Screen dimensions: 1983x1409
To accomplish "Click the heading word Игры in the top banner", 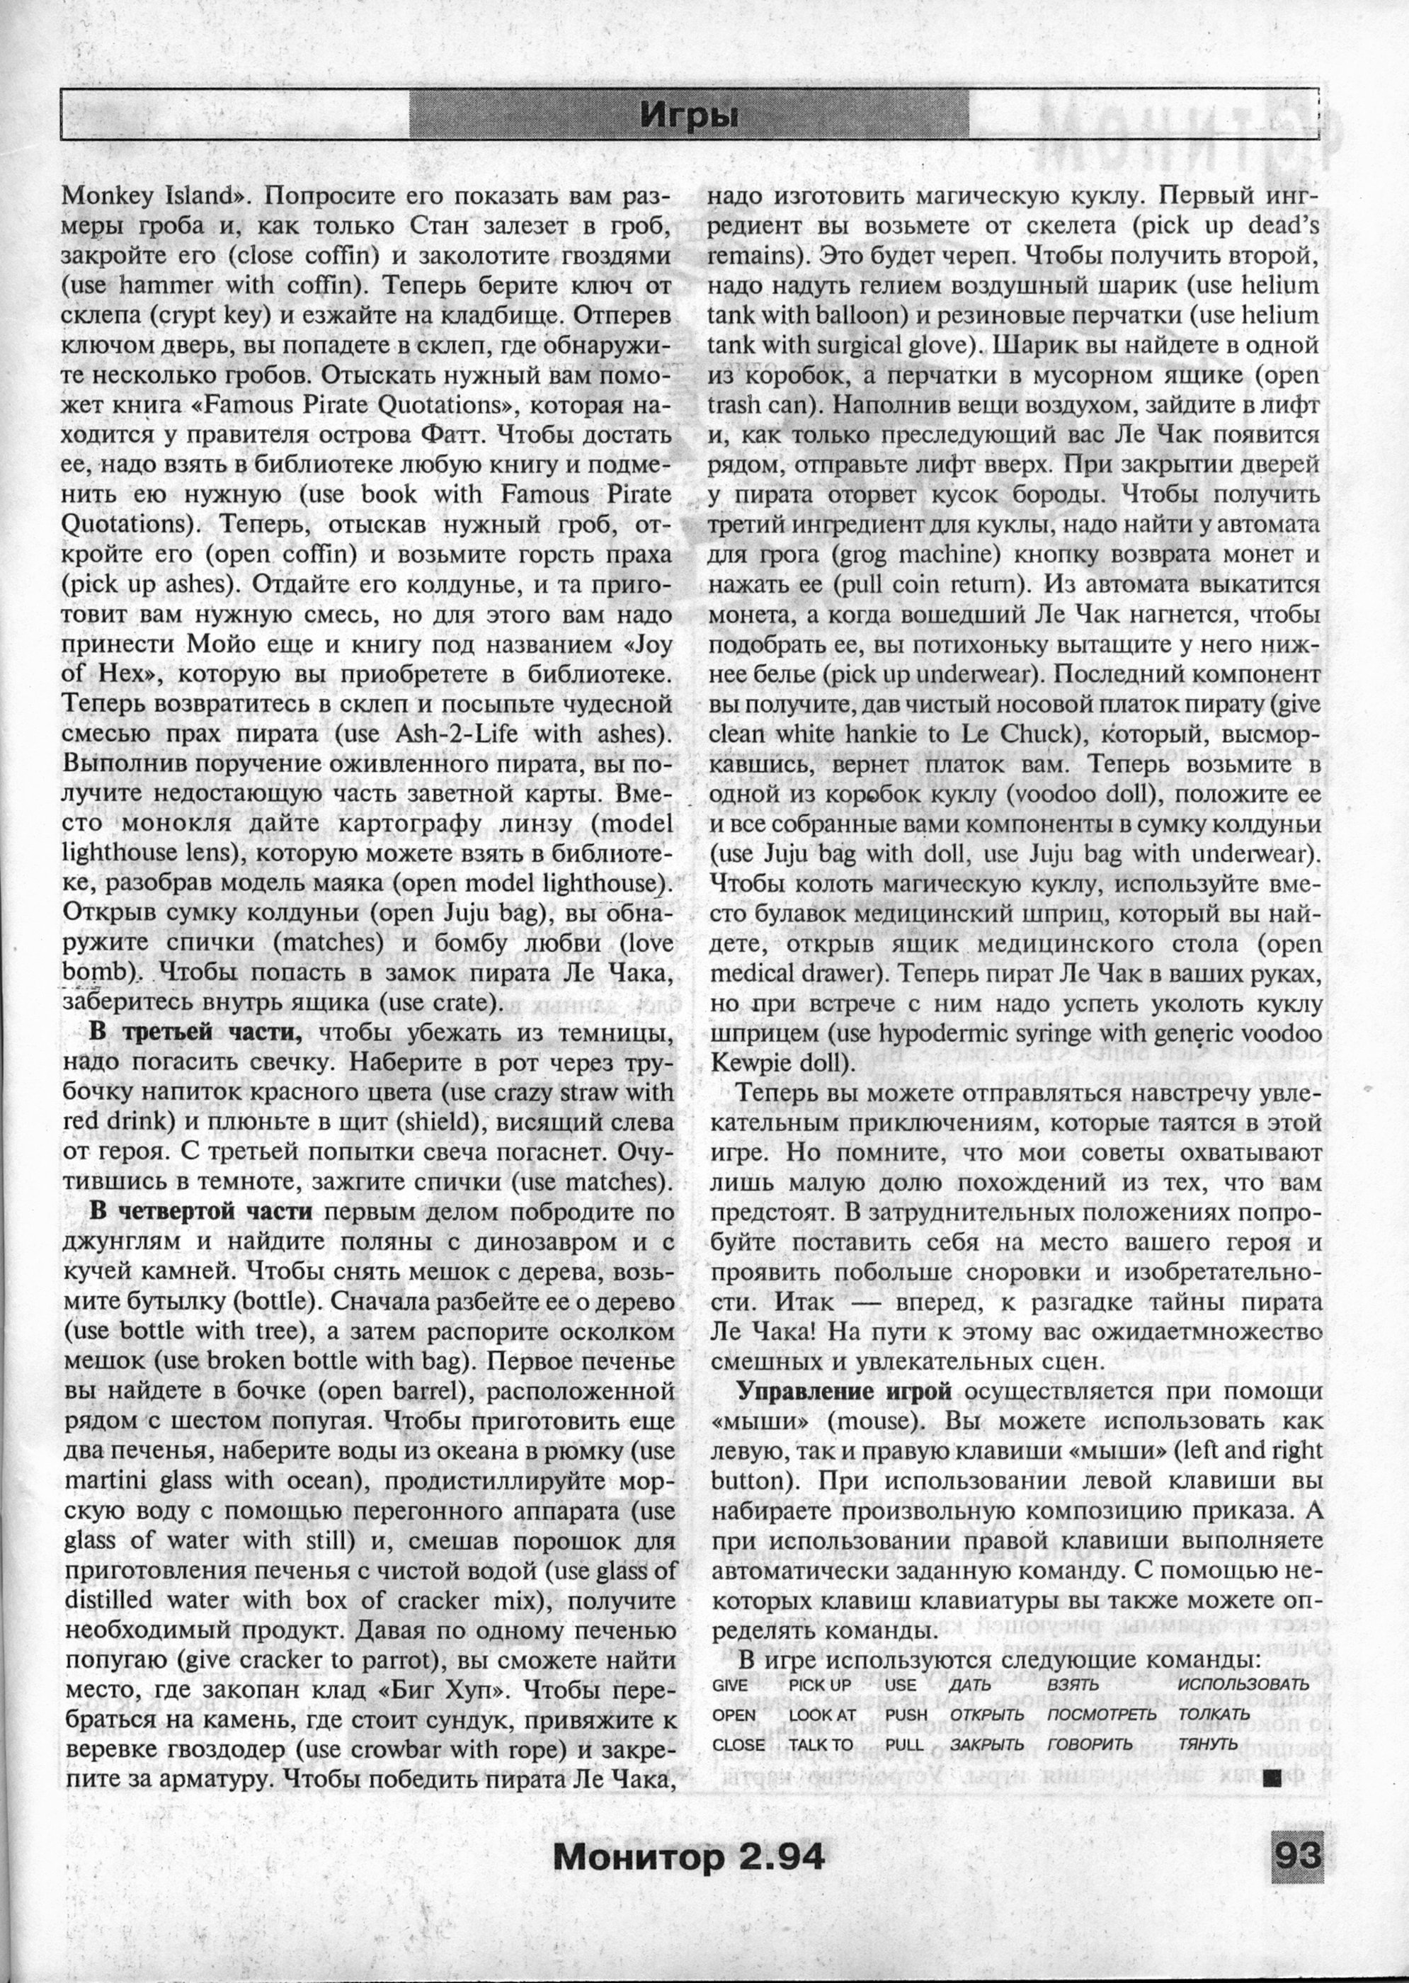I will [689, 115].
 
